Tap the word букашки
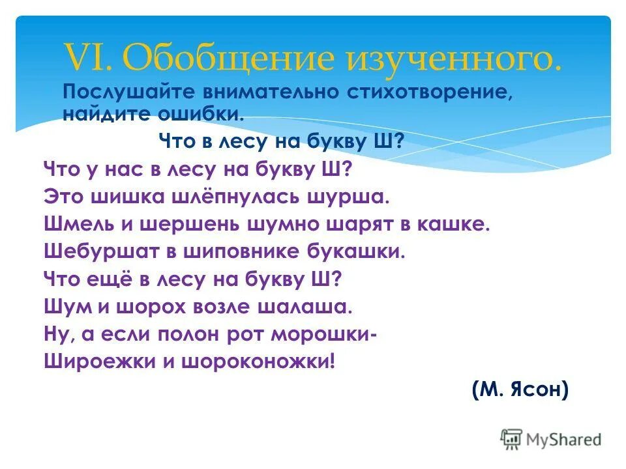tap(355, 251)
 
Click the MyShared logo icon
tap(512, 438)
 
